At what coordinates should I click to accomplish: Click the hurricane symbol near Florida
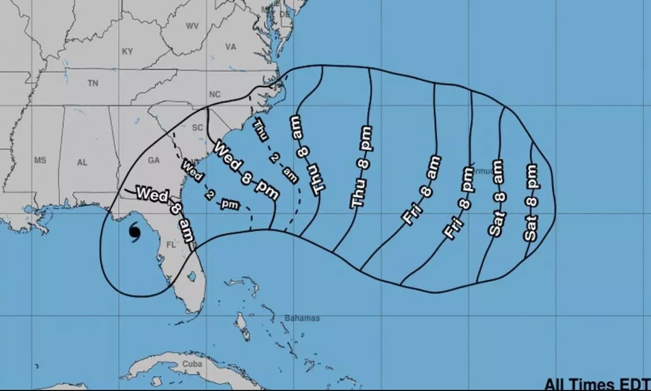134,233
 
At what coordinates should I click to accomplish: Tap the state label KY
127,51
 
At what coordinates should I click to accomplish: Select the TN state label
93,83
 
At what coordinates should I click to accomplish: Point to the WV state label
192,26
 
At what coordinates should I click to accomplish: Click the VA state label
231,47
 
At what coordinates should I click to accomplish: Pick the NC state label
215,95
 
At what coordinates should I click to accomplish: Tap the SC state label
197,128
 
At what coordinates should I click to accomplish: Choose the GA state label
154,160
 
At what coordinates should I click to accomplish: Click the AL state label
82,162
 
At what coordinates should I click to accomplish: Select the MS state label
40,160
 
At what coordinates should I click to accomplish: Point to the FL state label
171,245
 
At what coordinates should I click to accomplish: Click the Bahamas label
302,318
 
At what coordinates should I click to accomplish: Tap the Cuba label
192,363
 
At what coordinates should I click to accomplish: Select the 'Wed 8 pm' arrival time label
245,170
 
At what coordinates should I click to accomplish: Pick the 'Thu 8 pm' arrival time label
361,167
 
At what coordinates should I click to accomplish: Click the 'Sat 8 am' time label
498,197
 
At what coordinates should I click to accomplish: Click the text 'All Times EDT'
597,384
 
